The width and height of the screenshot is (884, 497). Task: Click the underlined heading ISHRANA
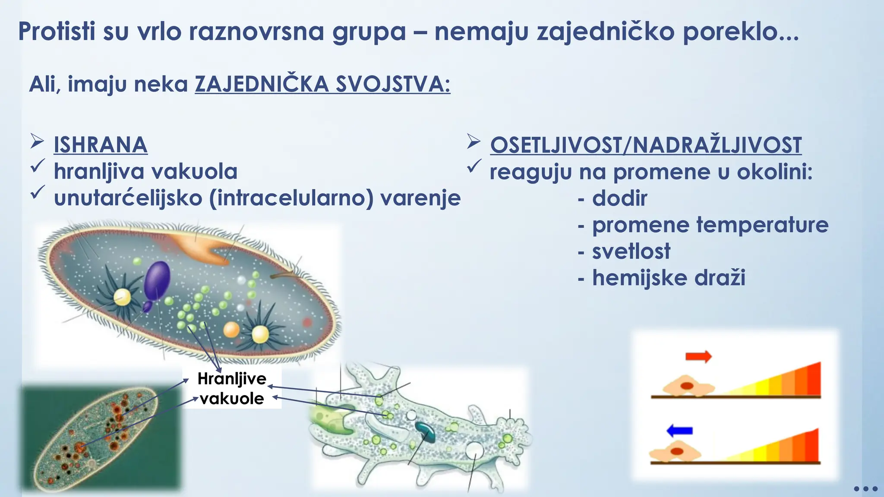coord(100,145)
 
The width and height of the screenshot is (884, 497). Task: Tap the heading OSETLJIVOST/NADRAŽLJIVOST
coord(646,145)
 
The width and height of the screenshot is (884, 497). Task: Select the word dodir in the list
coord(619,198)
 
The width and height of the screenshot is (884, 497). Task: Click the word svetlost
coord(631,252)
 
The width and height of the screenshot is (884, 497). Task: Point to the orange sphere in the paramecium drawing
coord(231,330)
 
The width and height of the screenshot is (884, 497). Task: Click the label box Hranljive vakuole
coord(232,388)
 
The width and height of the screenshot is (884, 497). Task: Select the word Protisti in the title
coord(57,32)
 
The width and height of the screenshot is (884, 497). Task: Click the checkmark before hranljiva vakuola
coord(38,167)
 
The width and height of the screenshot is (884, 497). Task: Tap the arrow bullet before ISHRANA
coord(37,142)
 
